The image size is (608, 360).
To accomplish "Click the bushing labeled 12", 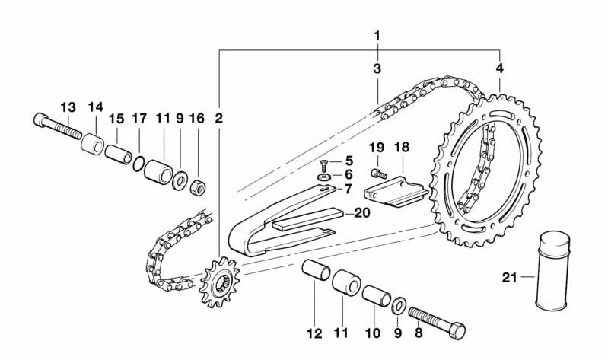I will [x=315, y=272].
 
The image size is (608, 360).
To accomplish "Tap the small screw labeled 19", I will [x=379, y=175].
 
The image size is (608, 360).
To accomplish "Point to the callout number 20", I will [x=361, y=214].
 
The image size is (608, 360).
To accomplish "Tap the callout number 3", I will [x=377, y=68].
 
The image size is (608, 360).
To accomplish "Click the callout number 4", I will [x=499, y=68].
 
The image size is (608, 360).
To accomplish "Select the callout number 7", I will [x=349, y=189].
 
